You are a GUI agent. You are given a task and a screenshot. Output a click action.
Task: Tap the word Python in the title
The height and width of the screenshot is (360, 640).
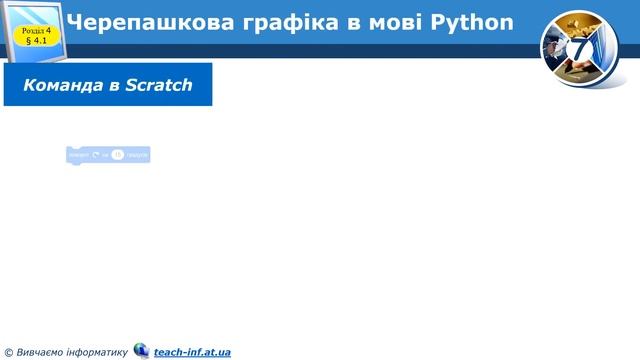point(473,22)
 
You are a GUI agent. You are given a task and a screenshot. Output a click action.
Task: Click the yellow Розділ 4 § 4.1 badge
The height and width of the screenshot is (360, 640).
point(36,36)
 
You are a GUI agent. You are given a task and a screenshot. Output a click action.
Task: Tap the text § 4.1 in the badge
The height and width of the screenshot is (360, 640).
point(36,42)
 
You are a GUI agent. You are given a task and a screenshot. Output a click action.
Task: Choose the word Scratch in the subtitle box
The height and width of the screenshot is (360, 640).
point(159,86)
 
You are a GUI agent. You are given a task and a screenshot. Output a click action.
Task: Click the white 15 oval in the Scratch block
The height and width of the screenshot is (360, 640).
point(117,155)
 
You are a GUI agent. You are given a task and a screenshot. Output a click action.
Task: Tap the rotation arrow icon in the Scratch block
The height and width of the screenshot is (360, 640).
point(96,155)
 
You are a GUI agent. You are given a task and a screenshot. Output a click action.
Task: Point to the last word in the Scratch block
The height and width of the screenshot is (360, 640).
point(137,155)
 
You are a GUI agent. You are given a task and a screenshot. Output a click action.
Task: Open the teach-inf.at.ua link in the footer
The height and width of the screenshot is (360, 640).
point(192,351)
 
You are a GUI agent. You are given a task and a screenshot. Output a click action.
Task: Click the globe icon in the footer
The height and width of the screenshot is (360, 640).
point(141,350)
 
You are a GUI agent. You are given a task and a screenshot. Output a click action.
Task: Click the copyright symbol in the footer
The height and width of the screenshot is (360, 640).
point(8,352)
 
